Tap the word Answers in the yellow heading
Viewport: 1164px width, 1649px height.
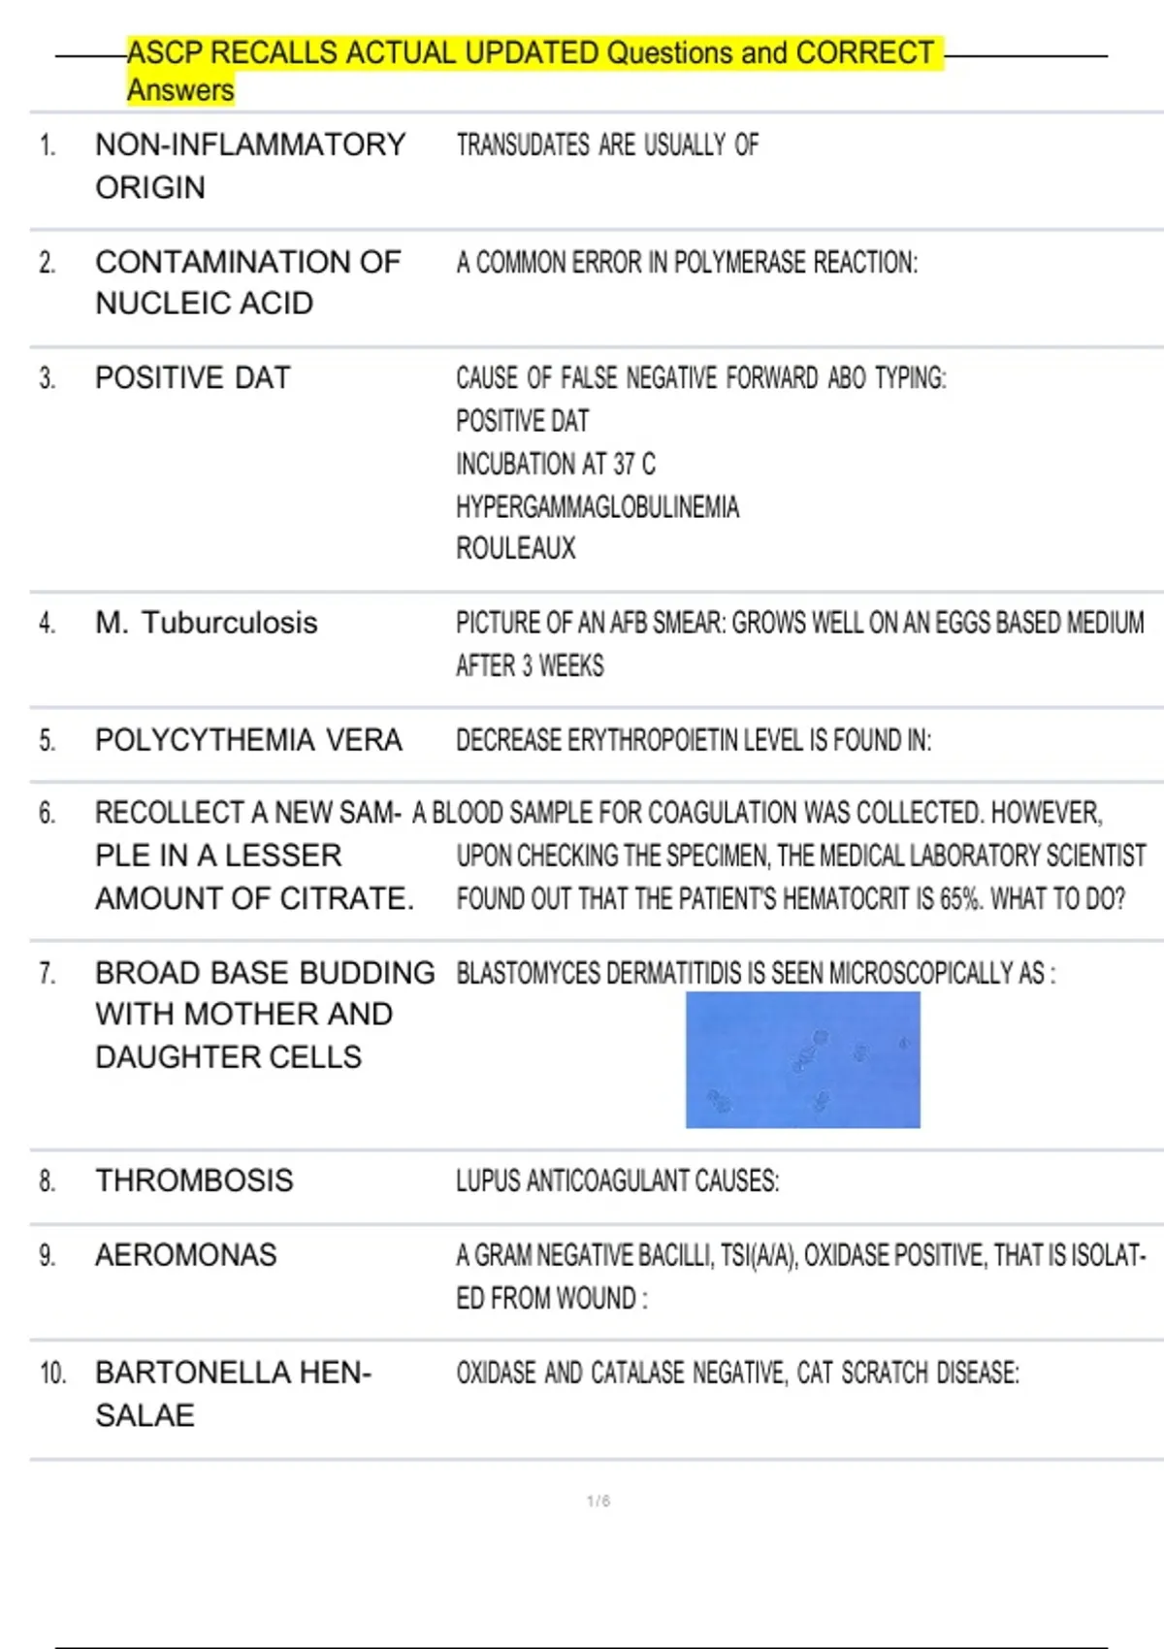click(x=180, y=90)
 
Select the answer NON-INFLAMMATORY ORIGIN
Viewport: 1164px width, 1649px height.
click(x=249, y=166)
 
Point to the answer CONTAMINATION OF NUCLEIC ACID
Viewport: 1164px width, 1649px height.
click(x=247, y=282)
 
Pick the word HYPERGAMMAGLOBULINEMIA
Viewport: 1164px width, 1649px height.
click(x=598, y=506)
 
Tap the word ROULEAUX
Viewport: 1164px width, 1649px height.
click(x=516, y=549)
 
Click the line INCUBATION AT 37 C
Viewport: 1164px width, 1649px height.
click(x=556, y=465)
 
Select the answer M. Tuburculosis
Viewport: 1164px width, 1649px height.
click(x=207, y=623)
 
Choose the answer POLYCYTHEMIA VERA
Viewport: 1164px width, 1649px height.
click(x=248, y=740)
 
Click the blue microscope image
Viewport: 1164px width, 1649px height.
click(x=802, y=1059)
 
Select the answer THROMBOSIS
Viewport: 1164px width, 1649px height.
click(x=194, y=1180)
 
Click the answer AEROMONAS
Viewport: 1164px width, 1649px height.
click(x=186, y=1255)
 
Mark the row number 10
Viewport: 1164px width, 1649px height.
click(x=52, y=1374)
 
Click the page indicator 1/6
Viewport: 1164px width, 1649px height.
click(x=598, y=1502)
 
